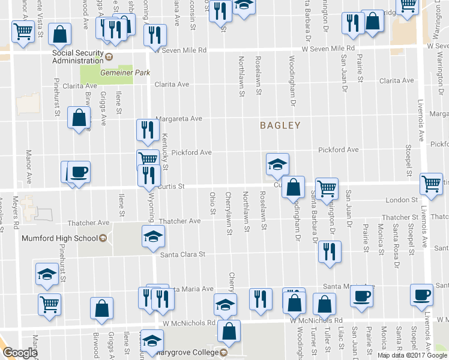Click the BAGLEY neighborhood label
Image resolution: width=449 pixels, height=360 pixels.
pyautogui.click(x=280, y=125)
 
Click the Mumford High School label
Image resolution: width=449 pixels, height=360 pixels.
pyautogui.click(x=59, y=238)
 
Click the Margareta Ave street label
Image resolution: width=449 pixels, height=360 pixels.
pyautogui.click(x=179, y=119)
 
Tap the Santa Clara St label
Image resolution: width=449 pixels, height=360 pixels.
pyautogui.click(x=182, y=254)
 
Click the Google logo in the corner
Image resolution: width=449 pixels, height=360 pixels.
pyautogui.click(x=20, y=352)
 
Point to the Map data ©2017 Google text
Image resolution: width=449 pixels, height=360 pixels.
pyautogui.click(x=412, y=355)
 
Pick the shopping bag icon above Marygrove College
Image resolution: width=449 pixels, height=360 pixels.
pyautogui.click(x=229, y=329)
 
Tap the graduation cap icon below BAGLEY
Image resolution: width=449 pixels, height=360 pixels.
pyautogui.click(x=277, y=164)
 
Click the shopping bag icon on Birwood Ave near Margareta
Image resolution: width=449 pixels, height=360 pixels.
pyautogui.click(x=79, y=118)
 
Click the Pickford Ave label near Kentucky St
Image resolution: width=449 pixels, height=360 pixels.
pyautogui.click(x=191, y=152)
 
